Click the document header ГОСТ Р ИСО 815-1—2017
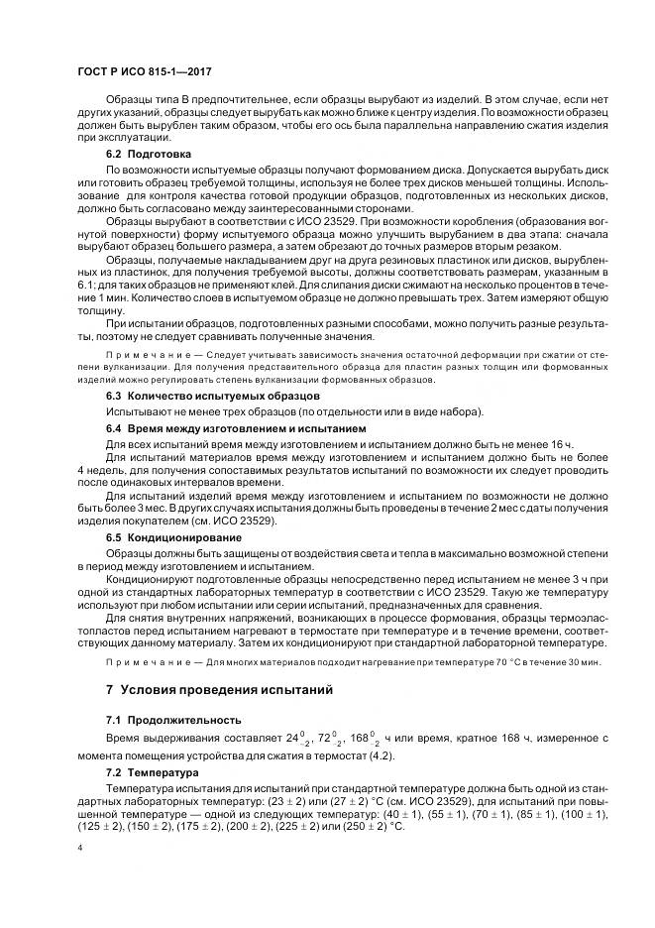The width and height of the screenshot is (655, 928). pos(144,72)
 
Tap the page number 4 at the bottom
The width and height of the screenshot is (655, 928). pos(79,850)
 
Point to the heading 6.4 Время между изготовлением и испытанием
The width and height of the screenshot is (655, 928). pos(222,427)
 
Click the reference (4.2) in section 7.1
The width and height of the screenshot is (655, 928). pos(382,755)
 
